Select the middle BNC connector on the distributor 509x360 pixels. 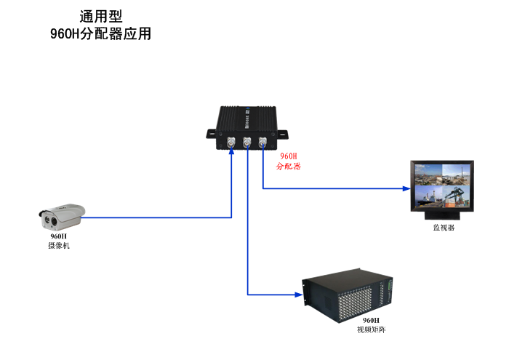[x=247, y=143]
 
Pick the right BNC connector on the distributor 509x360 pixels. [x=262, y=143]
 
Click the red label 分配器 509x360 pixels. [x=289, y=167]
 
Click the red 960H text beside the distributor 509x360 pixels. [x=289, y=156]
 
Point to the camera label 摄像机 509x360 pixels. [x=59, y=246]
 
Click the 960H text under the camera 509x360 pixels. [x=58, y=236]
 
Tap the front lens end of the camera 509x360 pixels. [x=46, y=216]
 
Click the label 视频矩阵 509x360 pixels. [x=371, y=329]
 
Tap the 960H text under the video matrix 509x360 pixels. [x=371, y=320]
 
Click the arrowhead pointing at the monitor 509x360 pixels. [x=406, y=188]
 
